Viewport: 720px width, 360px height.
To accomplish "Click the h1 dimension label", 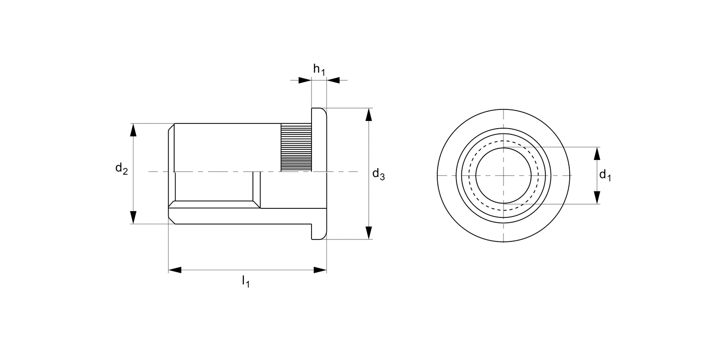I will coord(319,70).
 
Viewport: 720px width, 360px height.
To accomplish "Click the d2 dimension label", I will coord(121,168).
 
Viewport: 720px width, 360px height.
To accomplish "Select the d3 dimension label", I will coord(378,174).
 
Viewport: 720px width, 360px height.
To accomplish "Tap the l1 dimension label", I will coord(246,281).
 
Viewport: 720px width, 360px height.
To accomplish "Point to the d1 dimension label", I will coord(605,175).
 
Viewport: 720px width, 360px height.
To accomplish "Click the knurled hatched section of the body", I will coord(296,147).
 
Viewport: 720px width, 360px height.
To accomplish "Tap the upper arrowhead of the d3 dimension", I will coord(368,115).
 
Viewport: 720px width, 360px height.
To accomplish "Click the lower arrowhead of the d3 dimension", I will coord(368,233).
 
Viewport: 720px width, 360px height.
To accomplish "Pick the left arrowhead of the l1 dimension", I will coord(175,270).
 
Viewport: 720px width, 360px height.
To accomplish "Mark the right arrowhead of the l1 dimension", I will coord(320,270).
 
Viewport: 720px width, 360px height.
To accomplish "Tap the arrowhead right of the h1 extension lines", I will coord(333,80).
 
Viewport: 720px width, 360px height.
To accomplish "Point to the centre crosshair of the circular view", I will coord(504,175).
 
